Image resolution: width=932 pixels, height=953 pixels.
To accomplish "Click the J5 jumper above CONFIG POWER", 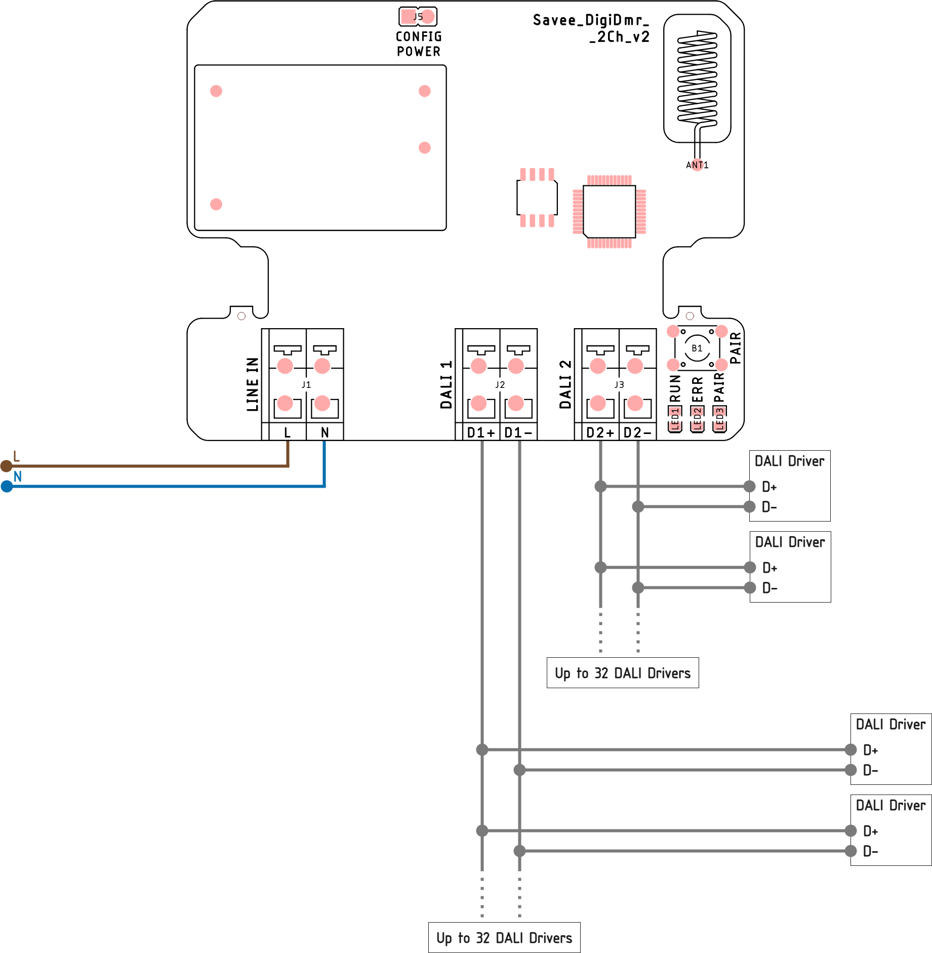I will (418, 17).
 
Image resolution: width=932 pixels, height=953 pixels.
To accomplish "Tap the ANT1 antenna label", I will (697, 165).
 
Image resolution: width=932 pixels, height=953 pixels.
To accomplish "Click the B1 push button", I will (697, 348).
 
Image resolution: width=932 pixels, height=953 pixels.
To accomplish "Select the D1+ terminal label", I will (481, 432).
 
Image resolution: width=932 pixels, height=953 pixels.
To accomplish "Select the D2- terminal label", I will (637, 432).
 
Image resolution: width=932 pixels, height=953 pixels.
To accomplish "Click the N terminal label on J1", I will (325, 432).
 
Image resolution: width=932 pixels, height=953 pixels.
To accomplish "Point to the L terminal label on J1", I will (288, 432).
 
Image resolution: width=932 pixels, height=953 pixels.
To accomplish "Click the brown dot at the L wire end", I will (6, 466).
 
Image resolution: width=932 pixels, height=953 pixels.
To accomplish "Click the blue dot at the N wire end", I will (7, 487).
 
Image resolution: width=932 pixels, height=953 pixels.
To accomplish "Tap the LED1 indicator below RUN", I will (675, 419).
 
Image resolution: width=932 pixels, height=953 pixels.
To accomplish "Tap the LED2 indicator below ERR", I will (697, 419).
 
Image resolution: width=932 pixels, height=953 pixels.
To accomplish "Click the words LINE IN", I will (253, 384).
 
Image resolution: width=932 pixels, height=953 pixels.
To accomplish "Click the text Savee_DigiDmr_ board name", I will (591, 20).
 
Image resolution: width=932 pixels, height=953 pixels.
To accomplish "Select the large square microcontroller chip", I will (609, 211).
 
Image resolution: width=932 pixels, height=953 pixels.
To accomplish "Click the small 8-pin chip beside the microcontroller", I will (537, 197).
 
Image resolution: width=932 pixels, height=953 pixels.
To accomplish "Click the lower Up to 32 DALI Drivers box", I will (504, 938).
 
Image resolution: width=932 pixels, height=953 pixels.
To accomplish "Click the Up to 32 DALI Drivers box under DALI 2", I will (623, 673).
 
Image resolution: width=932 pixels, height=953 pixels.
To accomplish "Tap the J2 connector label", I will (500, 385).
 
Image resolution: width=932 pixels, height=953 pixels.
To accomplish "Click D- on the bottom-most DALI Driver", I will (870, 851).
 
